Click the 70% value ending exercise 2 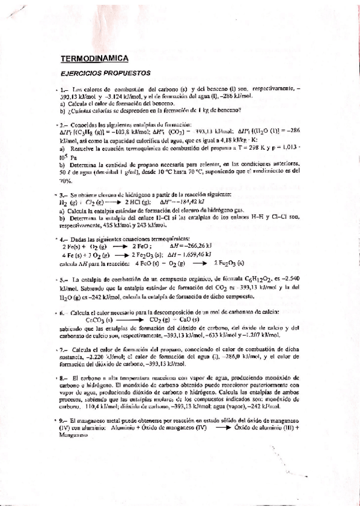(65, 180)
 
